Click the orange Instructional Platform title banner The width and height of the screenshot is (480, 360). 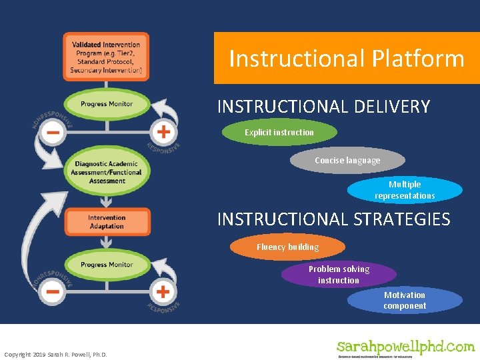tap(346, 59)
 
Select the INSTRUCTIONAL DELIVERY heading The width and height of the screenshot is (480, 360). tap(323, 107)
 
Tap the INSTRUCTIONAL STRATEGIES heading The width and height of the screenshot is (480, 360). tap(333, 219)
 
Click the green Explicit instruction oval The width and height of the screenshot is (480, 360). tap(279, 133)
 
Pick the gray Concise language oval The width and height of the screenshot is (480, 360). tap(347, 161)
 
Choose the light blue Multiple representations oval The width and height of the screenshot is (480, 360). tap(405, 190)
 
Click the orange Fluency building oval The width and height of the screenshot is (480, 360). tap(288, 247)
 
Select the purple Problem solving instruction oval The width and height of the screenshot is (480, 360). tap(339, 275)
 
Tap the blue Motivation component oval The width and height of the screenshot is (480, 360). tap(405, 301)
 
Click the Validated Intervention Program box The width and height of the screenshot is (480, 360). tap(106, 57)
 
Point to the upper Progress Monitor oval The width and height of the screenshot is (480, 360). tap(107, 104)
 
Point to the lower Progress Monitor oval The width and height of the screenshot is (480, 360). tap(107, 265)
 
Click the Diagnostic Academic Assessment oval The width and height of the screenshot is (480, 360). tap(107, 172)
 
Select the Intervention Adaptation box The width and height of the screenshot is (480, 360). tap(107, 222)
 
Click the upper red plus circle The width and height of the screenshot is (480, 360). tap(163, 130)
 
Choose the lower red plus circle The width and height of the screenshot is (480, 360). tap(163, 291)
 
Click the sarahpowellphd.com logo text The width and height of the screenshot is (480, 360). tap(405, 347)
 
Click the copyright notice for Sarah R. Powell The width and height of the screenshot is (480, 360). tap(55, 354)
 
